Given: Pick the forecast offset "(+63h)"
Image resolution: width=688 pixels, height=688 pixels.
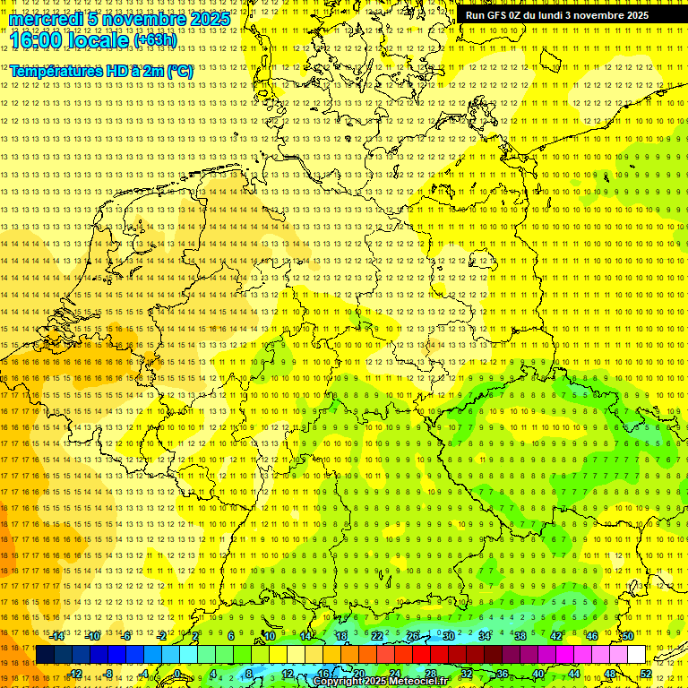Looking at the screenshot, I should pos(156,40).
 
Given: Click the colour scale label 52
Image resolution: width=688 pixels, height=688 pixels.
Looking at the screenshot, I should pos(645,674).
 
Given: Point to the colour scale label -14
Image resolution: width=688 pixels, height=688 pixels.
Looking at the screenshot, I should pos(56,636).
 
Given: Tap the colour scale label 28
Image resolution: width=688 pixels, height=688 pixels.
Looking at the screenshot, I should pos(430,674).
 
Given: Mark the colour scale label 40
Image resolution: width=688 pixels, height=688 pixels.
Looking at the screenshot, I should pos(537,674).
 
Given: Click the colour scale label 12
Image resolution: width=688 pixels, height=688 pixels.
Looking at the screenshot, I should pos(287,674).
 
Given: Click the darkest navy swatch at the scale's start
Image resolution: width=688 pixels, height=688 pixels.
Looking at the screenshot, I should pos(45,655).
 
